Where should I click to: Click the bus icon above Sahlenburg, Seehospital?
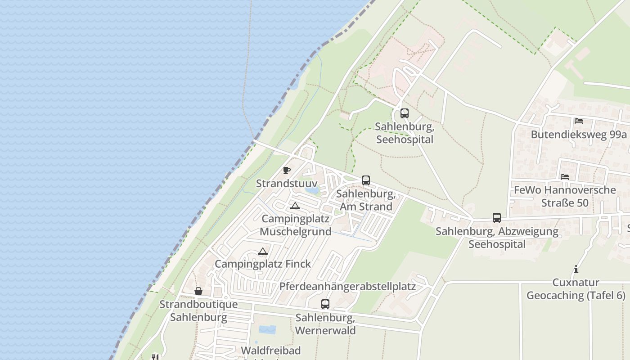404,113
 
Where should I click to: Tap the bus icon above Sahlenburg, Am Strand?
365,180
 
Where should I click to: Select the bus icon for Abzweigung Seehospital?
496,218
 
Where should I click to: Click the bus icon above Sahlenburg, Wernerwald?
325,304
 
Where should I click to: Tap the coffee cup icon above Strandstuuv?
286,170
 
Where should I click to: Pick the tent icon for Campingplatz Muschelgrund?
295,206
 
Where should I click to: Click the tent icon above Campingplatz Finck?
263,252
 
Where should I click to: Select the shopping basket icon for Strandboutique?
198,291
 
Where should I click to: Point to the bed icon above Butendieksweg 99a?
578,121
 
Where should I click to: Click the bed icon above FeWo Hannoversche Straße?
564,176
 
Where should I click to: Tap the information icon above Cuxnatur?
576,270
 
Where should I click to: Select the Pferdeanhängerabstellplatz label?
347,287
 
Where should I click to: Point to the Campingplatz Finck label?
263,264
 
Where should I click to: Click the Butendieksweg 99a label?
579,135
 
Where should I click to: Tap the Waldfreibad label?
270,351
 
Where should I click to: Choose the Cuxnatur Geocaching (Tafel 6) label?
576,289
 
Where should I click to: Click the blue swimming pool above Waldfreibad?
267,330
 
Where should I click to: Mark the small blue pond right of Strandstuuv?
311,190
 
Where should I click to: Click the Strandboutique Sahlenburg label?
198,310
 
